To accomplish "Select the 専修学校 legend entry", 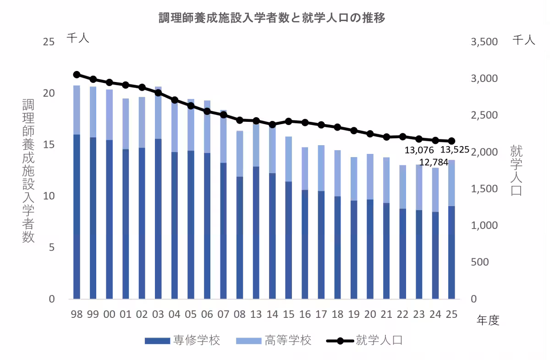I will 183,341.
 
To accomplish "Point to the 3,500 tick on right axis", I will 484,42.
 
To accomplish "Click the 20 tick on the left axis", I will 49,93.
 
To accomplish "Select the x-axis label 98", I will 77,314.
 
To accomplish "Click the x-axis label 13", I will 256,314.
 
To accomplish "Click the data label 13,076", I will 419,150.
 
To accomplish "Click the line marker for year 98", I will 77,75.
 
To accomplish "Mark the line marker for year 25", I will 451,141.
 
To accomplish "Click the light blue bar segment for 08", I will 240,153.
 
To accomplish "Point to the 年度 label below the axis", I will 488,320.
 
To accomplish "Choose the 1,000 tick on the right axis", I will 484,226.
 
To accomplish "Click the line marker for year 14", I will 272,125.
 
